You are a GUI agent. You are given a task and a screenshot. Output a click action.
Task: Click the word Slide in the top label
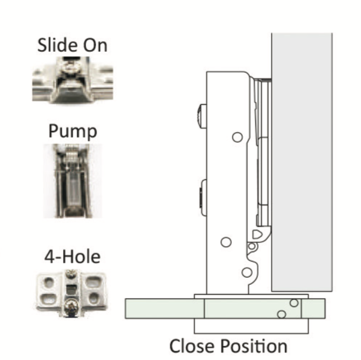coord(58,45)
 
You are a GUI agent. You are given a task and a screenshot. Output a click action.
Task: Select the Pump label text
coord(73,131)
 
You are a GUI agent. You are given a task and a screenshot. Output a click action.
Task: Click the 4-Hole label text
coord(72,256)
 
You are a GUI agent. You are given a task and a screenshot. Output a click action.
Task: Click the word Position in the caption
coord(254,346)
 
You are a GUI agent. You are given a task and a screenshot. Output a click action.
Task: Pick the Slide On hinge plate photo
coord(73,80)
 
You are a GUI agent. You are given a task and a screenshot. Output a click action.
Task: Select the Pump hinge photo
coord(73,181)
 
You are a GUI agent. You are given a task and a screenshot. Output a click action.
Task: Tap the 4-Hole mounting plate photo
coord(72,294)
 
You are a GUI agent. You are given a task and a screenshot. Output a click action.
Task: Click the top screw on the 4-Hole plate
coord(71,274)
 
